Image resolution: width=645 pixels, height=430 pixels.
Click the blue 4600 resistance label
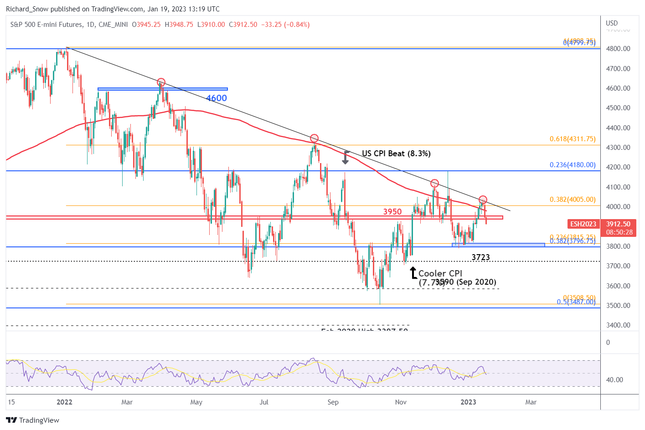tap(216, 98)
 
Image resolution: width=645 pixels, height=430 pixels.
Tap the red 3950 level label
tap(392, 212)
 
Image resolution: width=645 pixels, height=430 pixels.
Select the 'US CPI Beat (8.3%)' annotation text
tap(396, 154)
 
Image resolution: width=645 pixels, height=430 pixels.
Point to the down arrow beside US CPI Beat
tap(346, 157)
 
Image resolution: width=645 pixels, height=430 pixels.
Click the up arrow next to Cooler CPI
tap(413, 273)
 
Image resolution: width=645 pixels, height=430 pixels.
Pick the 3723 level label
tap(480, 257)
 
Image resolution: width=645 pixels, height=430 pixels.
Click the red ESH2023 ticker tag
tap(583, 224)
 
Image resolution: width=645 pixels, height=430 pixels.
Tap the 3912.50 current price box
tap(619, 228)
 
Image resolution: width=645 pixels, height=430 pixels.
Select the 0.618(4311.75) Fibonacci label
tap(573, 139)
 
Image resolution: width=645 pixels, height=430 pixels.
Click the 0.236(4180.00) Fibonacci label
tap(573, 165)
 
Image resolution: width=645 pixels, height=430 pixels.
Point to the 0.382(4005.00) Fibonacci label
tap(573, 200)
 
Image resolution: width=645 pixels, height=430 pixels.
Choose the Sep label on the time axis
tap(333, 402)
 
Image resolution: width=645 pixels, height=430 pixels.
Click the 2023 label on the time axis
tap(468, 402)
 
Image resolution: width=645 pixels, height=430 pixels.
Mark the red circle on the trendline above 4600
tap(161, 82)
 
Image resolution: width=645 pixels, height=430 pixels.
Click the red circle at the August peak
tap(314, 138)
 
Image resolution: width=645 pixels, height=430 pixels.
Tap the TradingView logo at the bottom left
tap(33, 420)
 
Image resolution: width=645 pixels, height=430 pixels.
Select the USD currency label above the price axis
tap(612, 23)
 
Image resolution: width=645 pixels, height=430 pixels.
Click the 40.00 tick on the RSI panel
tap(614, 380)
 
